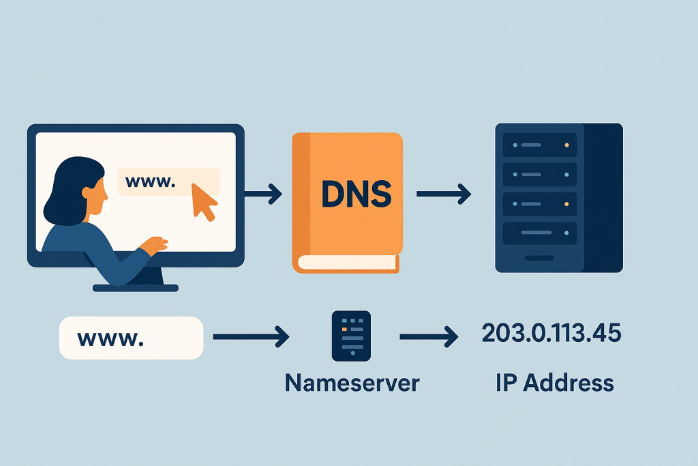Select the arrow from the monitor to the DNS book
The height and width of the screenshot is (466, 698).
coord(263,194)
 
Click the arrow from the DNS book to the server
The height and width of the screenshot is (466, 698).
coord(444,194)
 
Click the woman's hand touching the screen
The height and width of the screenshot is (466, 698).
coord(156,244)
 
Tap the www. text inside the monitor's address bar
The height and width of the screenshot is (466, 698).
coord(151,182)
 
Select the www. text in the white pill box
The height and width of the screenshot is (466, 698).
coord(111,337)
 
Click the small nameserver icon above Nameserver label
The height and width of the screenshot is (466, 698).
coord(350,336)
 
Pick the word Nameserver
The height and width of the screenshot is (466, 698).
coord(352,383)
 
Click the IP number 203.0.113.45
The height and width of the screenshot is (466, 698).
coord(551,334)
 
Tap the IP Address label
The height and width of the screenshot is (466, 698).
coord(555,383)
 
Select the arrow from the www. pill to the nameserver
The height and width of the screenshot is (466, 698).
coord(252,336)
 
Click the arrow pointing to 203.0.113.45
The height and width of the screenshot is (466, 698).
coord(428,336)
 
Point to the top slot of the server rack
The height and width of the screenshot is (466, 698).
coord(539,145)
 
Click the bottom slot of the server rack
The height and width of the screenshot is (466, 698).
coord(539,233)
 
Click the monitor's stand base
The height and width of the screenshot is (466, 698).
coord(135,288)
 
